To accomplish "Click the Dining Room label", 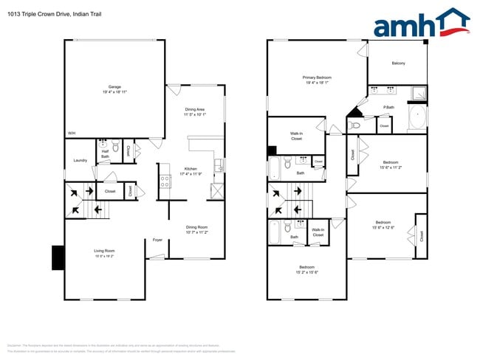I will pos(196,229).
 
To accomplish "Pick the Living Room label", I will pos(104,254).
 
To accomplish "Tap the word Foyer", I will pos(157,240).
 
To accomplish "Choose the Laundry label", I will pos(80,160).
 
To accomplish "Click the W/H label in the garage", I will pos(72,133).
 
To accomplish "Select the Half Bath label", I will pos(105,154).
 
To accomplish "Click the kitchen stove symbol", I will pos(165,181).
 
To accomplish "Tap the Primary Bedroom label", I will pos(317,80).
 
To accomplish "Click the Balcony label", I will pos(398,63).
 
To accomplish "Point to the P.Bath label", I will pos(388,108).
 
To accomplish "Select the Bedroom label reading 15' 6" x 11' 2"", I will pos(390,165).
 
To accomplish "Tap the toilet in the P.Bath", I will pos(354,125).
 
